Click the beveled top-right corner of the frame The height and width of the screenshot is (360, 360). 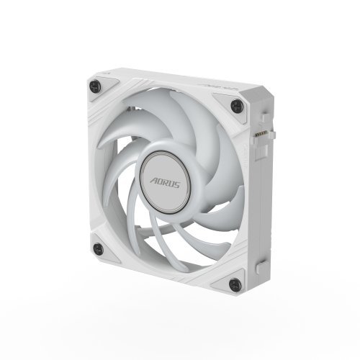[249, 97]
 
